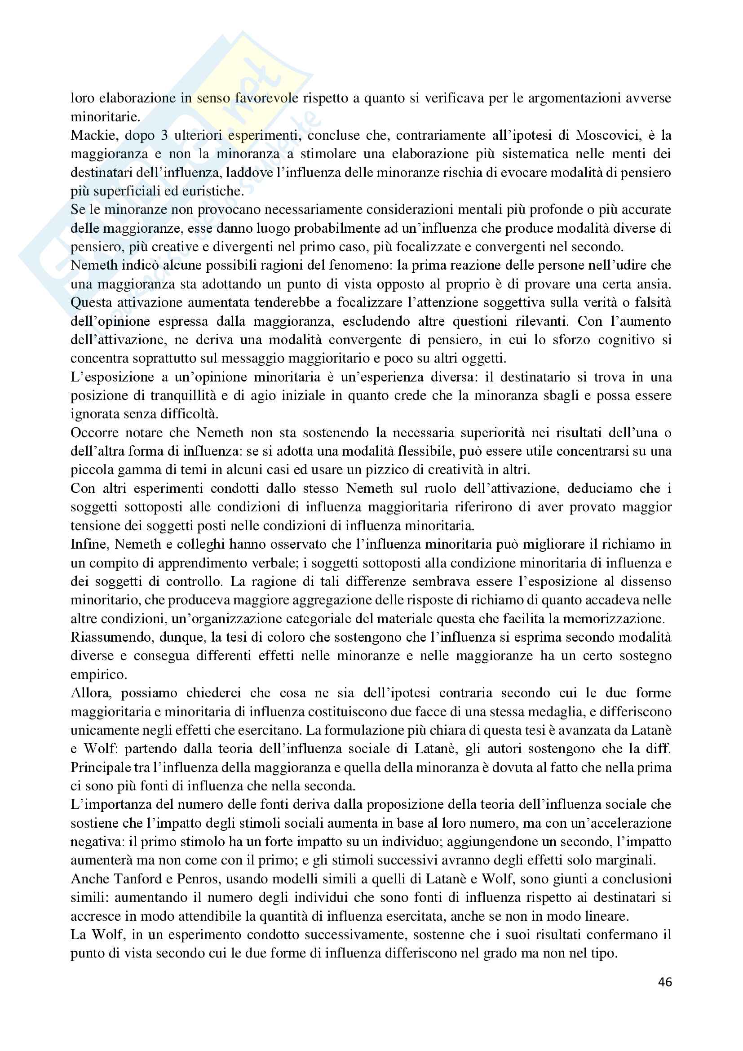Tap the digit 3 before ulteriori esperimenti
pyautogui.click(x=164, y=136)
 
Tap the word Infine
pyautogui.click(x=88, y=545)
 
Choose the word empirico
pyautogui.click(x=98, y=675)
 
